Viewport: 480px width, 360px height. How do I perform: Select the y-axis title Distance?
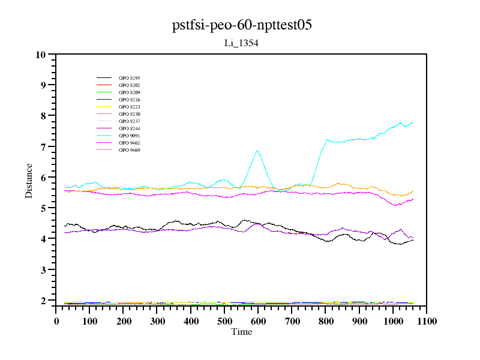click(29, 180)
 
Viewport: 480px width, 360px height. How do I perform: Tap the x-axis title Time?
click(242, 332)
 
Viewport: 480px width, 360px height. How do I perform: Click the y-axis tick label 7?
click(43, 147)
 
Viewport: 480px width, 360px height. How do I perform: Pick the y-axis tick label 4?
click(43, 239)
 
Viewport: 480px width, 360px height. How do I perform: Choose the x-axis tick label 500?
click(224, 321)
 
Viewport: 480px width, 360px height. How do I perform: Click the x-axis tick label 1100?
click(427, 321)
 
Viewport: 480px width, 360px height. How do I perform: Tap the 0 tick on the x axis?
click(56, 321)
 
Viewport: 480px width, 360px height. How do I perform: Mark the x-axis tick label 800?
click(326, 321)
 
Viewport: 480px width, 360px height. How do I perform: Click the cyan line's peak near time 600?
click(257, 151)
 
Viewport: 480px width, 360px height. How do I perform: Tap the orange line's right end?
click(413, 191)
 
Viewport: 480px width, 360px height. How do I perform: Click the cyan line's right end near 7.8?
click(413, 123)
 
